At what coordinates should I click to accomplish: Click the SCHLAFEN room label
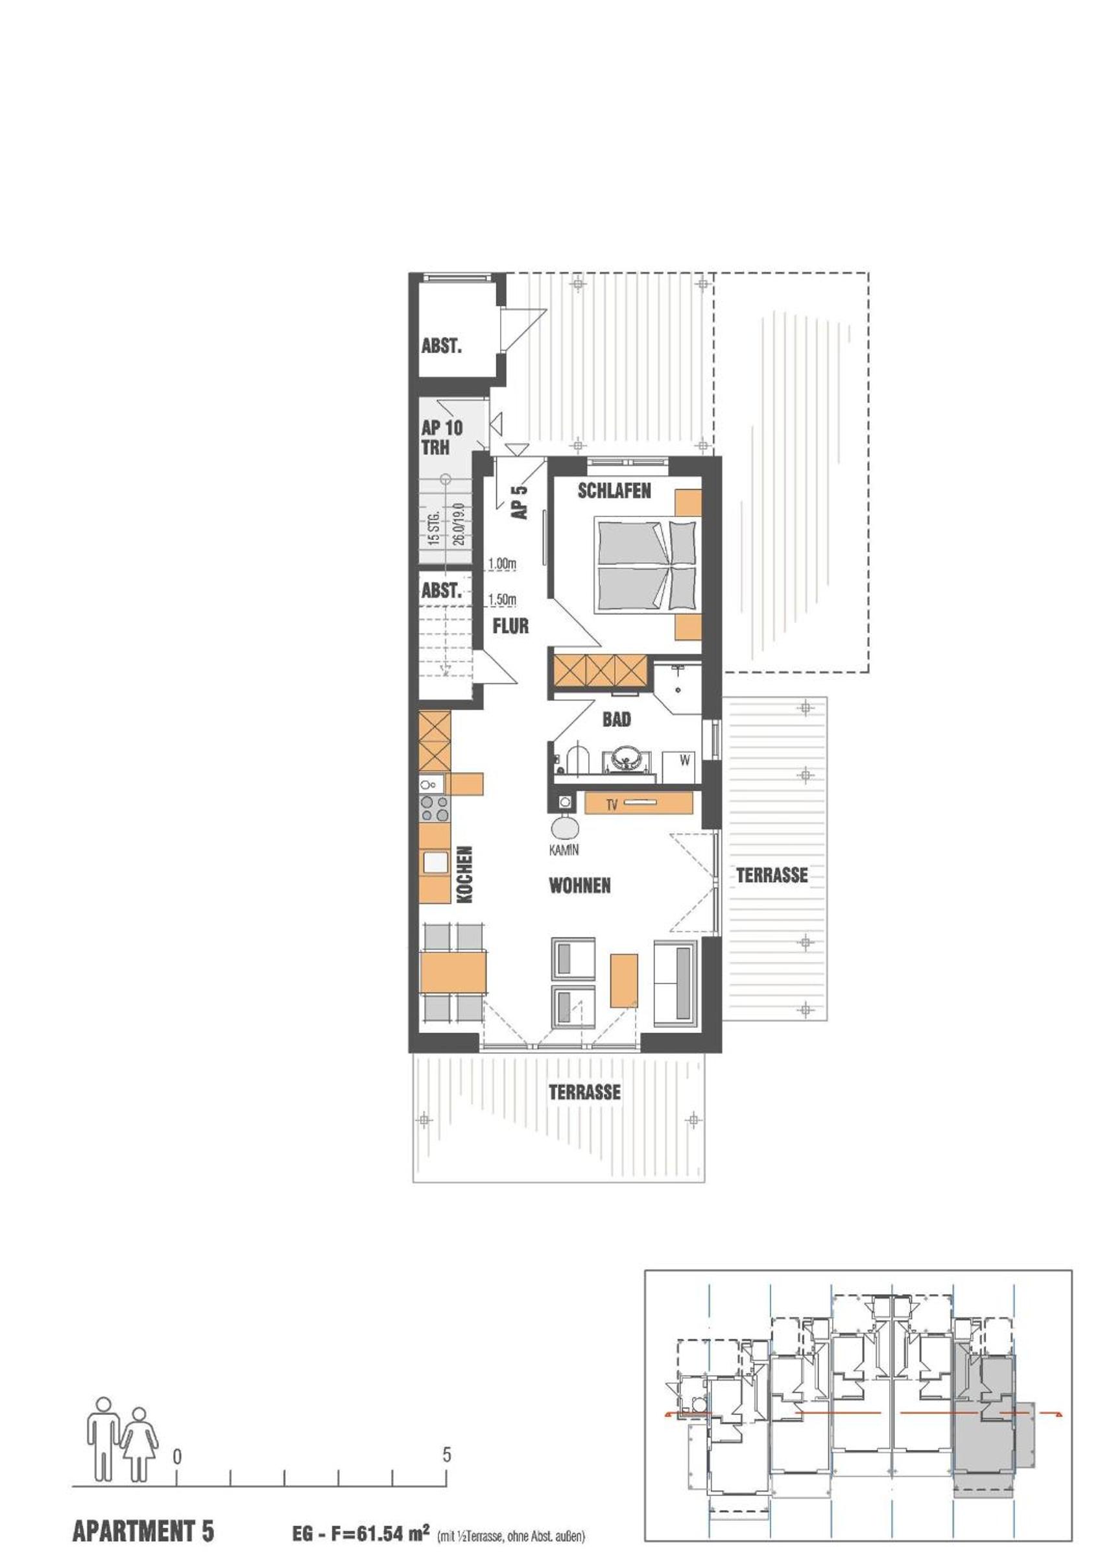tap(614, 490)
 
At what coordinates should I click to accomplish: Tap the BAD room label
tap(617, 719)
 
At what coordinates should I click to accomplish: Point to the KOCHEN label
tap(464, 874)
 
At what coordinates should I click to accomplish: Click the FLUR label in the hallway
tap(510, 626)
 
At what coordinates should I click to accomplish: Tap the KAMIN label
tap(564, 850)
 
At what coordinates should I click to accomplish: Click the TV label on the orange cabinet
tap(612, 806)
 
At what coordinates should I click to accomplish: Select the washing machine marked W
tap(682, 766)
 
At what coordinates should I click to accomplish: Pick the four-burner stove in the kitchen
tap(435, 808)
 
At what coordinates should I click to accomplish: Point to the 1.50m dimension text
tap(502, 599)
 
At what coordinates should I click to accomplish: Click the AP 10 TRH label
tap(442, 437)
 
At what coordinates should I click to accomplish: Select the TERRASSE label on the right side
tap(772, 875)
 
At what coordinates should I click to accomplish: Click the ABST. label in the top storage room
tap(441, 346)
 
